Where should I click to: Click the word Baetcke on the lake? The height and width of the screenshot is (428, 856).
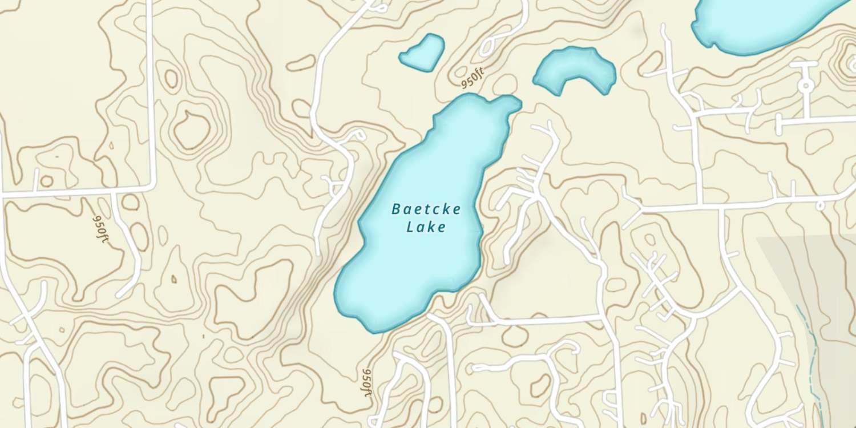pyautogui.click(x=426, y=209)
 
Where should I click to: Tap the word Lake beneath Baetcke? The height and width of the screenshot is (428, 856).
pyautogui.click(x=426, y=227)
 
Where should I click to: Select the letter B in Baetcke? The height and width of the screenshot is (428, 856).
pyautogui.click(x=396, y=209)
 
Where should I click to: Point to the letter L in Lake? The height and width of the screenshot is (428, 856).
pyautogui.click(x=410, y=227)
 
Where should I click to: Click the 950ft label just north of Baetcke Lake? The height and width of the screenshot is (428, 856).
pyautogui.click(x=473, y=78)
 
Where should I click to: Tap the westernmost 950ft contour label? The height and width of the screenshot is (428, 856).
pyautogui.click(x=100, y=228)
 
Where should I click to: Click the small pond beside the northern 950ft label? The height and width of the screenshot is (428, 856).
pyautogui.click(x=422, y=53)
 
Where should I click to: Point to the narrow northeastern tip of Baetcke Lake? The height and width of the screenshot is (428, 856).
pyautogui.click(x=511, y=103)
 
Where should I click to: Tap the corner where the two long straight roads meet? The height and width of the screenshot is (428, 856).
pyautogui.click(x=153, y=185)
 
